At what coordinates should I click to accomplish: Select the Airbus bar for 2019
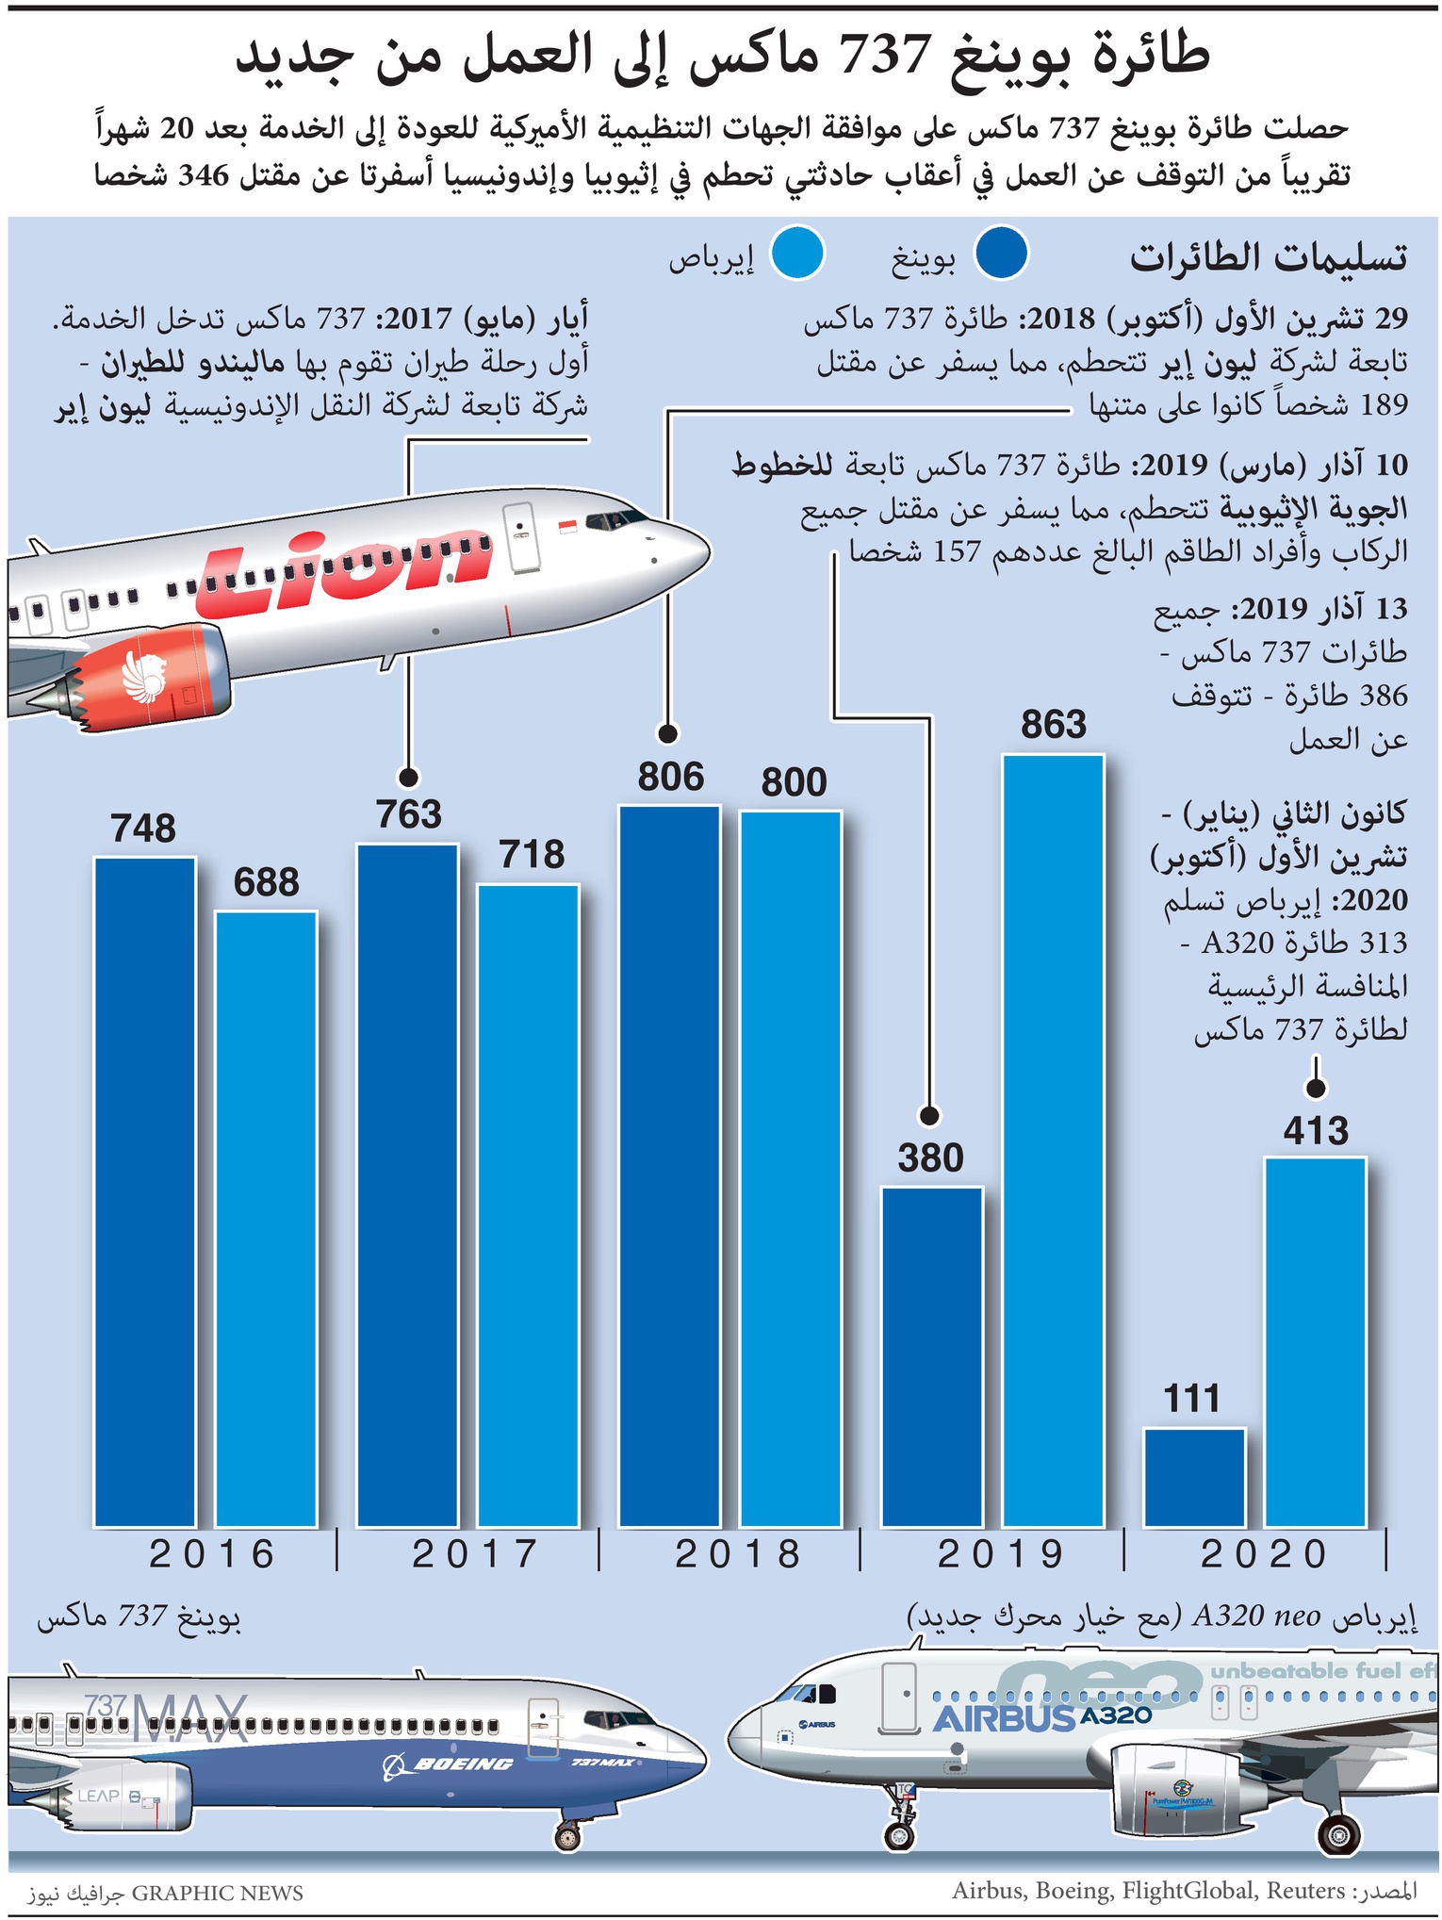[1053, 1140]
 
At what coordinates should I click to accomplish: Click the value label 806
[670, 777]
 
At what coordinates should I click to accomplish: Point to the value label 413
[1316, 1130]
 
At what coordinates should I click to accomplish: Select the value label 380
[930, 1157]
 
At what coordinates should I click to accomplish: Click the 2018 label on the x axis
[738, 1554]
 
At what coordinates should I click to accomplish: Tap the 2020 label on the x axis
[1264, 1554]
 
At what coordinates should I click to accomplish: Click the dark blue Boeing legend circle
[1001, 253]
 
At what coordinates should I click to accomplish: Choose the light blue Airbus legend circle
[797, 253]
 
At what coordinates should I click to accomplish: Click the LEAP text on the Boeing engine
[98, 1796]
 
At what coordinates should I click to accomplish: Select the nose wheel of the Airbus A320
[899, 1834]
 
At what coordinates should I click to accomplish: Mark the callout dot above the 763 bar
[408, 777]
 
